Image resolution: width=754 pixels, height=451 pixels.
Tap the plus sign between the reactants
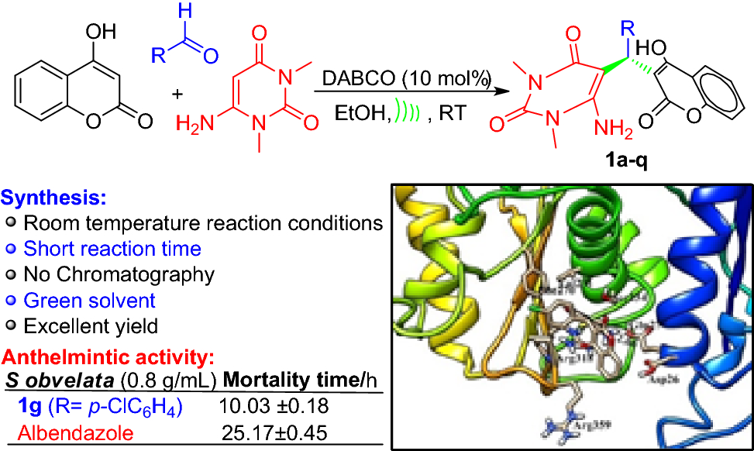tap(177, 94)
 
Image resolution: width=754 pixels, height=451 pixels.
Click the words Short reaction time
tap(112, 249)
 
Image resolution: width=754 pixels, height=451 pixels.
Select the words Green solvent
tap(90, 300)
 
